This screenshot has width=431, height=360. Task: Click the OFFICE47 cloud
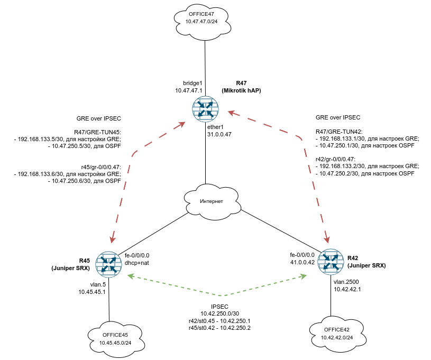point(204,20)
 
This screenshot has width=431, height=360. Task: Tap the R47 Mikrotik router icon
point(205,108)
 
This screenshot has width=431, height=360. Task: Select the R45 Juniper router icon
point(108,264)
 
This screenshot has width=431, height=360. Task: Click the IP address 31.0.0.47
point(219,134)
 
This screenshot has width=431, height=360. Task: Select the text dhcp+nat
point(136,263)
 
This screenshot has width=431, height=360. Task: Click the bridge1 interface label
point(192,83)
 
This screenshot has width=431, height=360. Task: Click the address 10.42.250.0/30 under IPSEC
point(219,313)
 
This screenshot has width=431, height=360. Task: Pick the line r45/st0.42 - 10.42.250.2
point(219,328)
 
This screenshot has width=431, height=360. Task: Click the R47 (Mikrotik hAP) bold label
point(241,87)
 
